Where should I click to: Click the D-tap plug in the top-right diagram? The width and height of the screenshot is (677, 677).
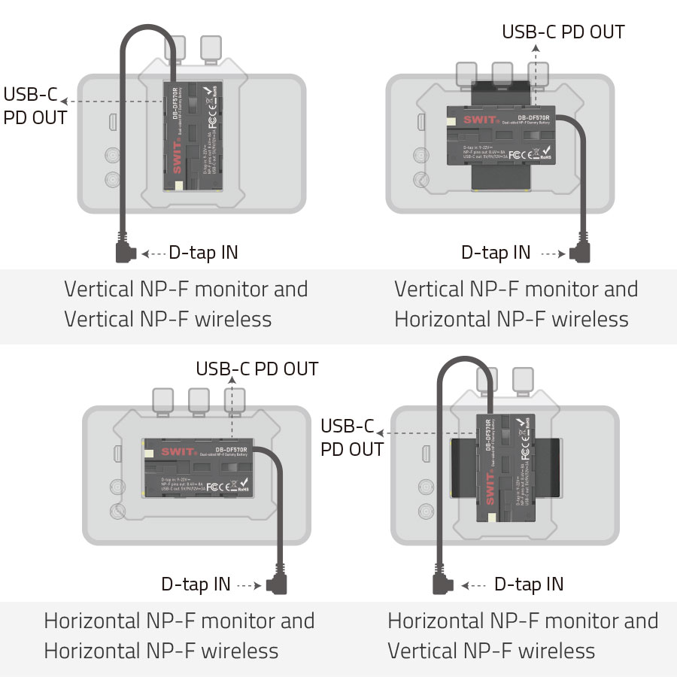(x=580, y=251)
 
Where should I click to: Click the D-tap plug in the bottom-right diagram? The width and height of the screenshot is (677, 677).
(x=439, y=584)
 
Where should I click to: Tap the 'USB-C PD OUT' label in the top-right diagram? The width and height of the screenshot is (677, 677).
(x=563, y=32)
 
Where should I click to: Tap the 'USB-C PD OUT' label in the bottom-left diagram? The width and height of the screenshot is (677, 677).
(x=257, y=369)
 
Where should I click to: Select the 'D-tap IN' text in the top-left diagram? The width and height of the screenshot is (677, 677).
(x=203, y=253)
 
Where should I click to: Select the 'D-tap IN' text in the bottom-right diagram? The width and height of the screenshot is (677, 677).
(x=529, y=584)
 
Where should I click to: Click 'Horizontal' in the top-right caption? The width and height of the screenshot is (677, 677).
(x=442, y=319)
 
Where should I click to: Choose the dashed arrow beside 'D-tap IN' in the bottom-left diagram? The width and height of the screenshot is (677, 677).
(x=248, y=584)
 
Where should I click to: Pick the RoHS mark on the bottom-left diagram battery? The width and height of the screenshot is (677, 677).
(x=242, y=490)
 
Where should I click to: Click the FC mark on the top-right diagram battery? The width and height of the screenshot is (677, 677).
(x=515, y=154)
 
